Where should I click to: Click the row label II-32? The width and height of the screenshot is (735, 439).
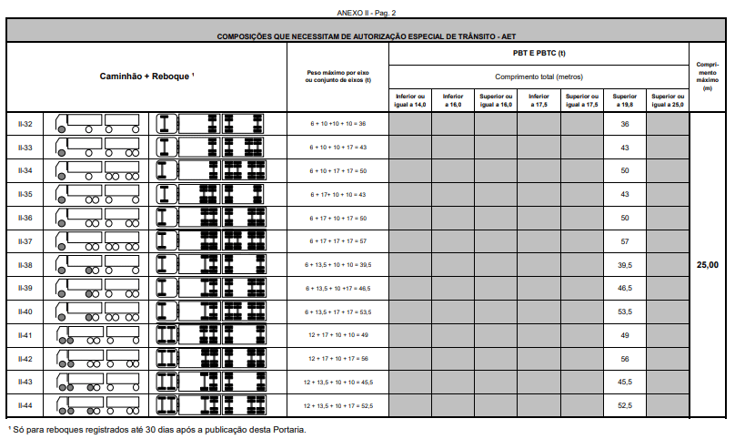25,123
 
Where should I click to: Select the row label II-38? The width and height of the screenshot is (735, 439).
25,265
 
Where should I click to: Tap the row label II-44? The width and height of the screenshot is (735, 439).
25,404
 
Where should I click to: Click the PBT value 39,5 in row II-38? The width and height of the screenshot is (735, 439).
625,265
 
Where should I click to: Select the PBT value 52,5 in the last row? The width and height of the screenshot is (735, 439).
625,404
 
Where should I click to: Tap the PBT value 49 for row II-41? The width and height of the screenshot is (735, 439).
625,335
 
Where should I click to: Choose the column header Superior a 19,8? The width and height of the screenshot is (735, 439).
625,100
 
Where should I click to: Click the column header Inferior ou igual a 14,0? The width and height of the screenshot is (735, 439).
410,100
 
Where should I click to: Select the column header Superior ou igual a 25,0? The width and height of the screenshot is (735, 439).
668,100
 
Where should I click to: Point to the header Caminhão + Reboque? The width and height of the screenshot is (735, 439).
146,77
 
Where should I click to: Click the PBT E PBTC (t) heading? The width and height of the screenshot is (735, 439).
539,54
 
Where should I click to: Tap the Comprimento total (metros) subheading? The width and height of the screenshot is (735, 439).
539,77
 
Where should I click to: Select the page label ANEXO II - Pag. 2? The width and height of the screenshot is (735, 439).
367,13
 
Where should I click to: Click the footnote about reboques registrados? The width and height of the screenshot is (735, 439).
156,428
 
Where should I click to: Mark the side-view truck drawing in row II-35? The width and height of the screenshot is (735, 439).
98,194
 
